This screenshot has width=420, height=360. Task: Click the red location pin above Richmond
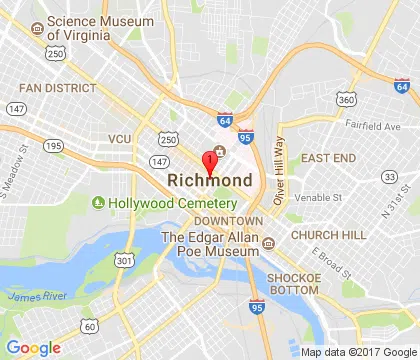pos(210,162)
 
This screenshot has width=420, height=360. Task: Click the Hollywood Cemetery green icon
pos(99,204)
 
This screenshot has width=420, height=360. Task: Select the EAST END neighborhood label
pos(328,158)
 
